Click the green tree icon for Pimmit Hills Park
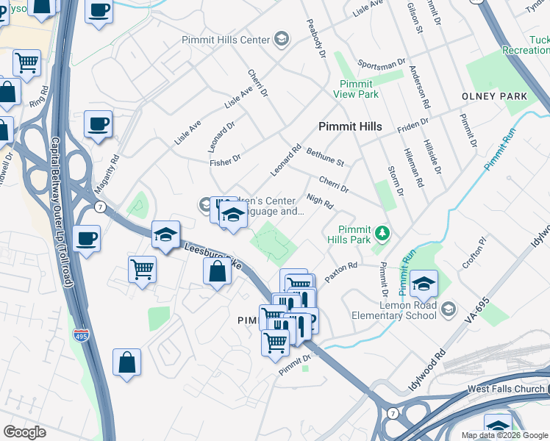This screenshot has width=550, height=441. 382,234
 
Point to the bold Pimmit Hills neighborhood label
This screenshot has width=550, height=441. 350,126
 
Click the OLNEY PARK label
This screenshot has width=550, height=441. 494,96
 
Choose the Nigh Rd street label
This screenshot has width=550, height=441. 320,200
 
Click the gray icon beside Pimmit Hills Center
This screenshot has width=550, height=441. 281,39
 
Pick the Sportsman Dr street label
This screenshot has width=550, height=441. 381,64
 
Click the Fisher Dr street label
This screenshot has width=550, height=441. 225,159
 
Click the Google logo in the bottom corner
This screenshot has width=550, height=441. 24,432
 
